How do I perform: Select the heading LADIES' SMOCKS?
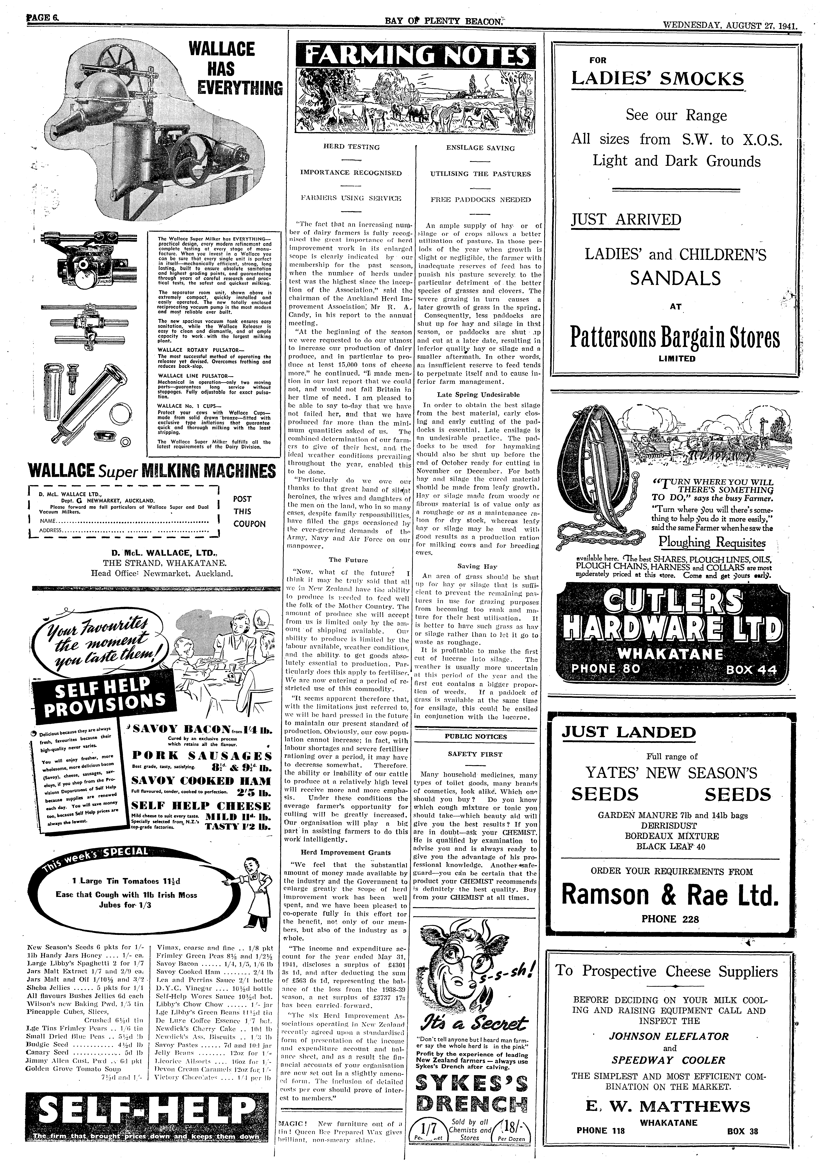pos(657,79)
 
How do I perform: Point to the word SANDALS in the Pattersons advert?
pos(675,278)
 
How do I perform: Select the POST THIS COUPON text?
pos(249,511)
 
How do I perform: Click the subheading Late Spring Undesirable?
pos(478,394)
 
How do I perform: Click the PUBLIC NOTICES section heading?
pos(475,736)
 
